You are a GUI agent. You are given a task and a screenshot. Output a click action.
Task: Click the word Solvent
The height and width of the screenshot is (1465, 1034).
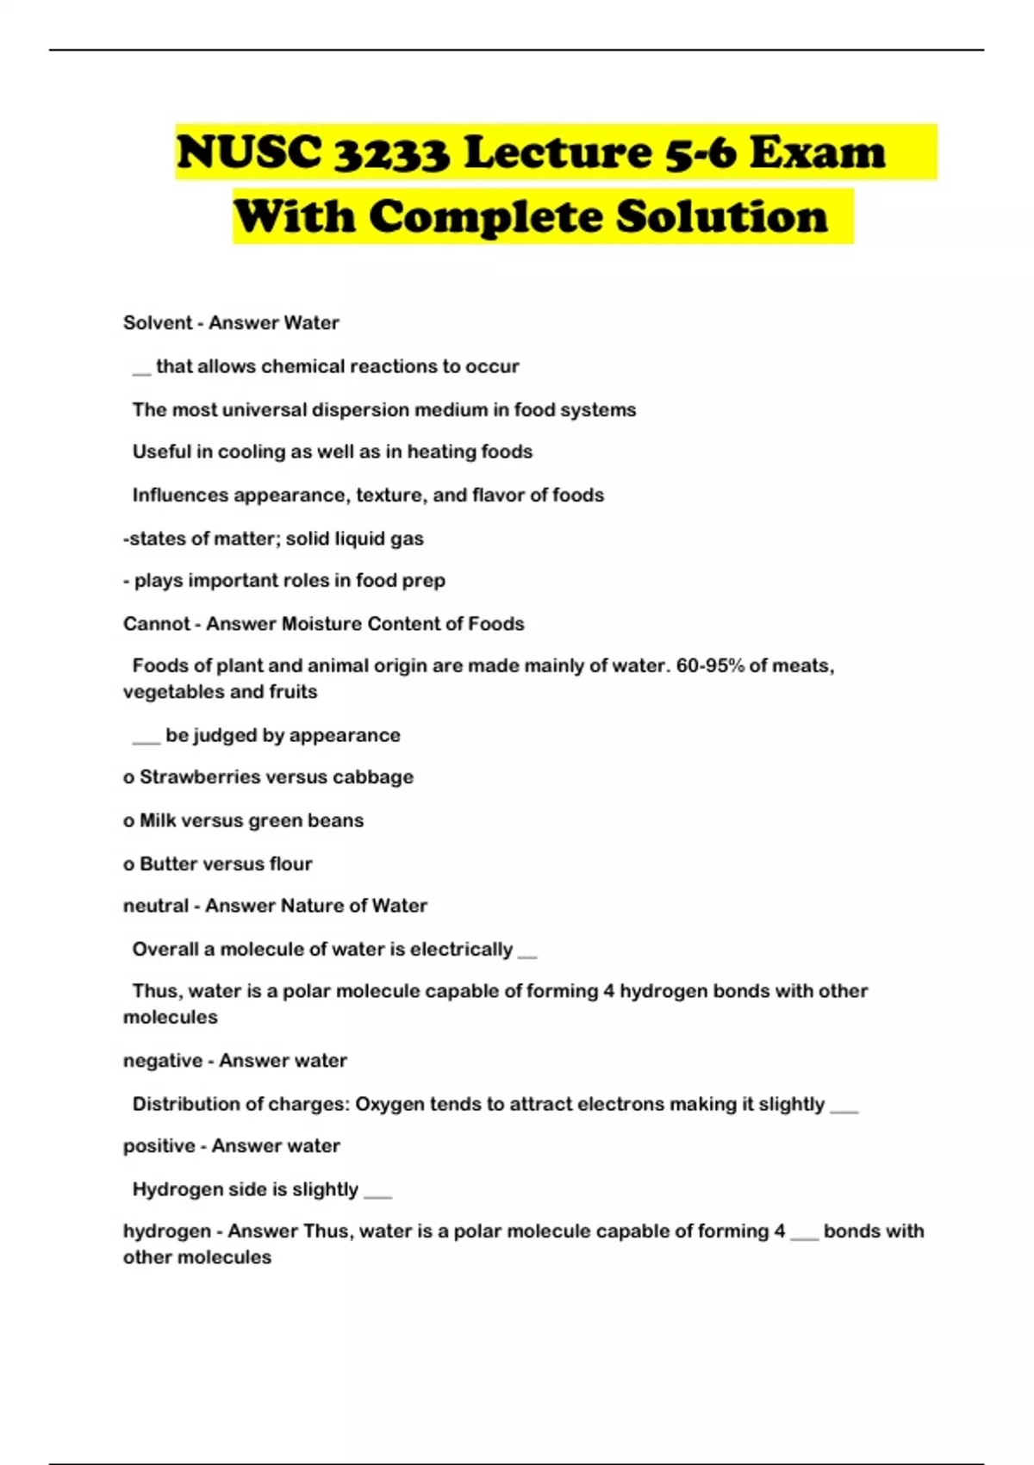157,323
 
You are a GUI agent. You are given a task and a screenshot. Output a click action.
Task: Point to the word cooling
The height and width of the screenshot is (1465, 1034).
252,452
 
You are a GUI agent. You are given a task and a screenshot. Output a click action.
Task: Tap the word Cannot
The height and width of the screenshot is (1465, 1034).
156,624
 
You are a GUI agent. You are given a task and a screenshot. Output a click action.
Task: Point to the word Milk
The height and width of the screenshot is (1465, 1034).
158,820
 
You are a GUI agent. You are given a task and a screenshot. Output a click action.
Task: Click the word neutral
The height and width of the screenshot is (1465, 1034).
155,906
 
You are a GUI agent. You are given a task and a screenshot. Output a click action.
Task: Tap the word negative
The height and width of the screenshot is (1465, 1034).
162,1061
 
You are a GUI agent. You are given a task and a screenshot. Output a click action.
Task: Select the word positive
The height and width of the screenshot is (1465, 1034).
159,1146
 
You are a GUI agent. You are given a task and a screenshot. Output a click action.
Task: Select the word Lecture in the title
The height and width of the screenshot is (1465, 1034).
557,153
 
